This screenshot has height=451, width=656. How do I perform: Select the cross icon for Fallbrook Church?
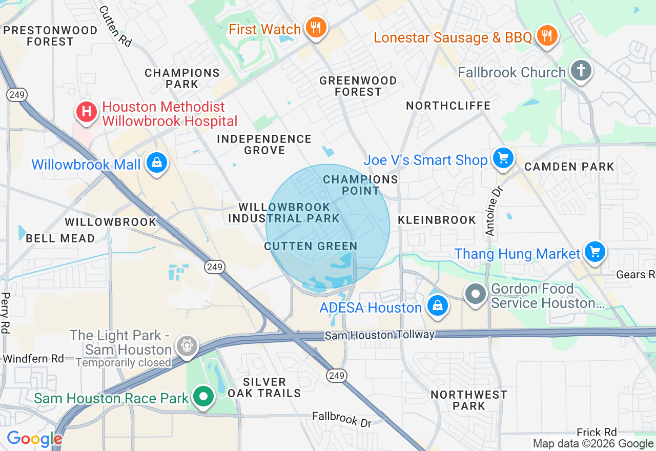coord(581,71)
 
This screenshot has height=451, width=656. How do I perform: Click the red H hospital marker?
coord(87,112)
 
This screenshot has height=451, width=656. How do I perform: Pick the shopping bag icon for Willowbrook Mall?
coord(157,163)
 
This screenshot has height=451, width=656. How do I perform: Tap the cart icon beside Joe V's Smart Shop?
coord(503,158)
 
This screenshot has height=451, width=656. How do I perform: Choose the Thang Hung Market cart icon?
coord(594,252)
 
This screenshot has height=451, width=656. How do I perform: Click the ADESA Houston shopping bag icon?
coord(437,306)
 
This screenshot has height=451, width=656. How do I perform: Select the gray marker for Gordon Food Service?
coord(476,294)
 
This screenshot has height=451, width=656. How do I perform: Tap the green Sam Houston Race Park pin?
coord(204,397)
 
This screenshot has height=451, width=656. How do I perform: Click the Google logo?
coord(34,439)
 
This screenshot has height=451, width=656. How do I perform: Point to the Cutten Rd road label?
coord(115,26)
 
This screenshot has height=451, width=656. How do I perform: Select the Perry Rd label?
coord(6,313)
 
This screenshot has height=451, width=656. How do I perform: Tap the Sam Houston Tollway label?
coord(379,335)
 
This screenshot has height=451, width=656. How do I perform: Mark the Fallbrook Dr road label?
coord(342,419)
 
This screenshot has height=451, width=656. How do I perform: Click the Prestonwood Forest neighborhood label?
coord(50,36)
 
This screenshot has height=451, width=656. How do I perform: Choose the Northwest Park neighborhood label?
coord(469,400)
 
